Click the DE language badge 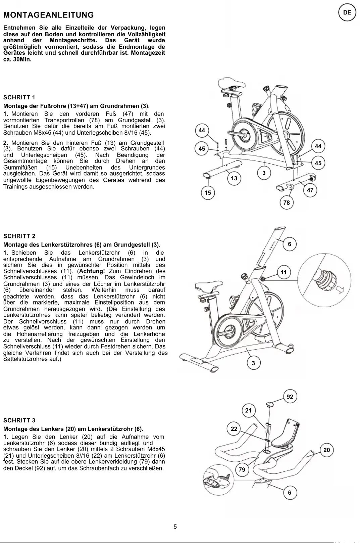(347, 13)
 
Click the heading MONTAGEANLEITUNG (49, 15)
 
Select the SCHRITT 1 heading (19, 97)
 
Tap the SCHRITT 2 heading (19, 236)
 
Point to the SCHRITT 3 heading (19, 420)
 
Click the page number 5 (175, 527)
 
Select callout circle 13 (234, 178)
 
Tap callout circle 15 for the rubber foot (208, 193)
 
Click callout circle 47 (310, 190)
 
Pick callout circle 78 (287, 203)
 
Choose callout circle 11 (284, 272)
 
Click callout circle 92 (290, 397)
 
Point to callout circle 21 (248, 410)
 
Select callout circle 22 (234, 429)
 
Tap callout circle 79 (242, 469)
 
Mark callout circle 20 (326, 450)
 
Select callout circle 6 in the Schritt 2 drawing (290, 244)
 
